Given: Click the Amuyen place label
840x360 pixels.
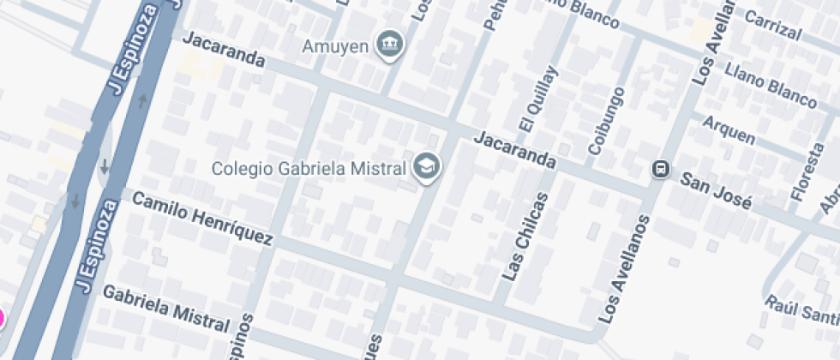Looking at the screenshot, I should point(336,44).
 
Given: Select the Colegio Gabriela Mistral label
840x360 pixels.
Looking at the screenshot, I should point(309,168).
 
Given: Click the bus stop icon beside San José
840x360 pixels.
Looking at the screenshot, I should point(661,169).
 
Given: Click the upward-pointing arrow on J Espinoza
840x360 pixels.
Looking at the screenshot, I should point(142,101).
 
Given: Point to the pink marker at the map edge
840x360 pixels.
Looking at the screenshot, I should point(1,319).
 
